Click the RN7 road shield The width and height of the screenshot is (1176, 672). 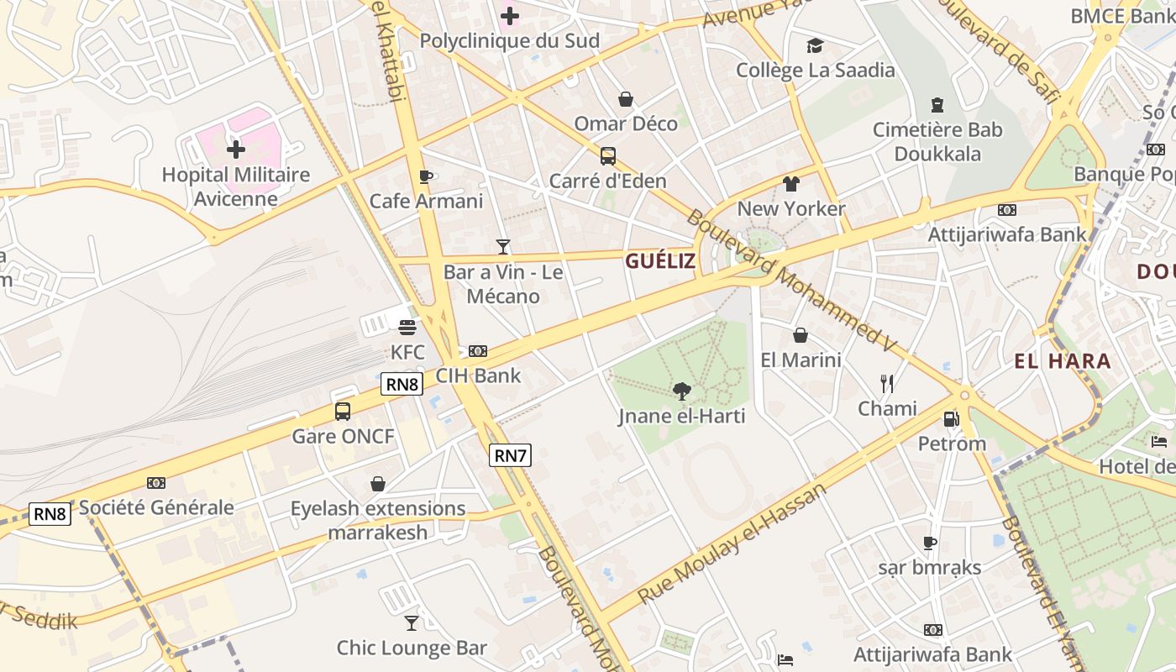[511, 456]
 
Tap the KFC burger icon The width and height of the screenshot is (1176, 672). [407, 327]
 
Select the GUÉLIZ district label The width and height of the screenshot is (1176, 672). [659, 261]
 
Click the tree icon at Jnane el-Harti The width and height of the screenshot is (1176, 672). [682, 391]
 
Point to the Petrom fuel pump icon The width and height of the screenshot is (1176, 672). [951, 418]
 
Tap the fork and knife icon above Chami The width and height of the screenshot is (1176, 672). [887, 384]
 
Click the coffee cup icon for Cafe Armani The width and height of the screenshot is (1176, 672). [426, 176]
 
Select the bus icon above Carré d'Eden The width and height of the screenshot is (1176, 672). [607, 156]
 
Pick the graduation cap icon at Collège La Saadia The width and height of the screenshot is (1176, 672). [815, 45]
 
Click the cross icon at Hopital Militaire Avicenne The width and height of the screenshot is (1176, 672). [236, 150]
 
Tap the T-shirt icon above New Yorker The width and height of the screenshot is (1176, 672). [790, 183]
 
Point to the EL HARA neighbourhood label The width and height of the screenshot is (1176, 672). [1063, 362]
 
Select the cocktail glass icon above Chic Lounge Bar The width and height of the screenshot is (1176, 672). [411, 622]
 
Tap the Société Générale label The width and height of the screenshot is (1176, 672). [156, 507]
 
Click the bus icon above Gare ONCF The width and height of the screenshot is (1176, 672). [343, 412]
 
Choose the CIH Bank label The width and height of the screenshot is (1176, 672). [478, 375]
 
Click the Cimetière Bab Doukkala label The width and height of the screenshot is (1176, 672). [937, 142]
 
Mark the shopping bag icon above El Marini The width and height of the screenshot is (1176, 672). [801, 335]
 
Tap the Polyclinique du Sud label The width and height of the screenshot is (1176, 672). [509, 40]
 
